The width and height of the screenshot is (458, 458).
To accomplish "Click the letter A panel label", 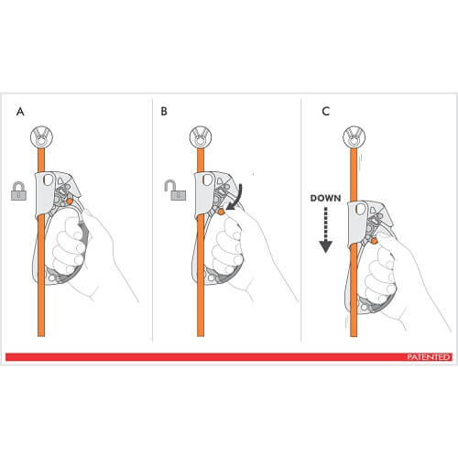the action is (20, 112).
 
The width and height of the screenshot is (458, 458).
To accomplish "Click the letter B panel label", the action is (164, 111).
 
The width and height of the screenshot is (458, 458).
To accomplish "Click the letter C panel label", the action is (326, 111).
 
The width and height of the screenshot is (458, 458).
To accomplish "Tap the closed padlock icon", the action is (18, 191).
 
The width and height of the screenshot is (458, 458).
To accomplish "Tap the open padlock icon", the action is (175, 190).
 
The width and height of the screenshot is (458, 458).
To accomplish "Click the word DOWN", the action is (325, 198).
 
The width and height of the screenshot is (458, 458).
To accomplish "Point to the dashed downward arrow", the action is (326, 230).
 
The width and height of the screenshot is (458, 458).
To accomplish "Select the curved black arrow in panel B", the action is (237, 197).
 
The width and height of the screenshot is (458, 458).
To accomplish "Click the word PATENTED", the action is (429, 357).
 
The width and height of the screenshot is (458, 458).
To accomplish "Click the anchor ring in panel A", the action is (41, 136).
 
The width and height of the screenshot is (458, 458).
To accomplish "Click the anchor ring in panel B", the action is (201, 136).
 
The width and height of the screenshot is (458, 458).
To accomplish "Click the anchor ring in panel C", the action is (354, 136).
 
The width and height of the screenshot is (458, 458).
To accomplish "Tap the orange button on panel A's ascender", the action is (70, 202).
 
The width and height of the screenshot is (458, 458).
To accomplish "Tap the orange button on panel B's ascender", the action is (221, 212).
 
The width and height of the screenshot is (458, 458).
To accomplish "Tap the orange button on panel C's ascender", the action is (374, 241).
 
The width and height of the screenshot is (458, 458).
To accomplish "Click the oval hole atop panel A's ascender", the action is (48, 180).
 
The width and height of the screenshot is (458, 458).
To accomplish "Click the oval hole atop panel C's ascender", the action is (361, 209).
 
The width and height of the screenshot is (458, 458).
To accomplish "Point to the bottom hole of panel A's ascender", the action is (52, 278).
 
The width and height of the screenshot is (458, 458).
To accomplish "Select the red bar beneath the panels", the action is (229, 357).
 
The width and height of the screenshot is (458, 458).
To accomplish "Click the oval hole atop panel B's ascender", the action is (207, 180).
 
